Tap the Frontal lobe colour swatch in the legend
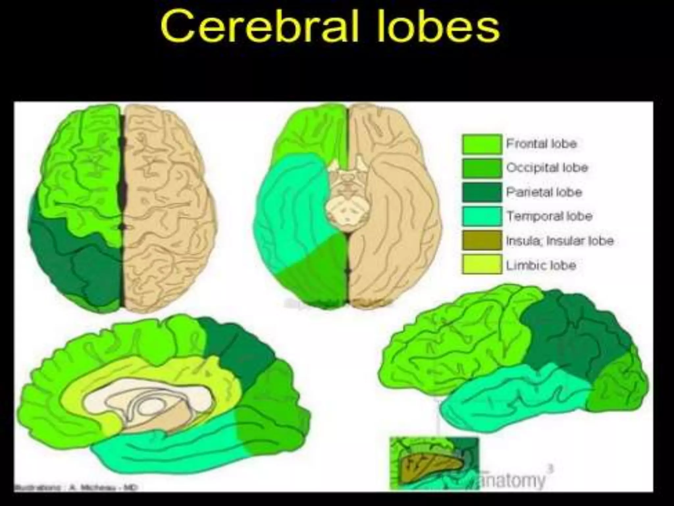point(482,144)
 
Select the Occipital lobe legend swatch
point(482,168)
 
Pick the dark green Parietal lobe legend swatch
point(482,192)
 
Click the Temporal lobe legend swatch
point(482,216)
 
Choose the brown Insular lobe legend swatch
point(482,240)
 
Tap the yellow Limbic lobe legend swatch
point(482,265)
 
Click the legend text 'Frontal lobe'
point(541,144)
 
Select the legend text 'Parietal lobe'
point(544,192)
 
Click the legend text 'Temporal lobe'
point(549,216)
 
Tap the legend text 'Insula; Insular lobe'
point(560,240)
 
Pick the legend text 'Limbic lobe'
point(541,265)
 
